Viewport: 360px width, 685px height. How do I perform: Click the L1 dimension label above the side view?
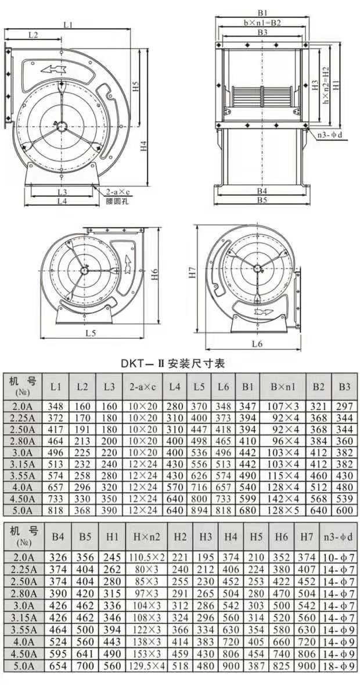pyautogui.click(x=67, y=25)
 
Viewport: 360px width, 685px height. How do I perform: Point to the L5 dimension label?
pyautogui.click(x=91, y=333)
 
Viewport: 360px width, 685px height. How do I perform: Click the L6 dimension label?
pyautogui.click(x=257, y=344)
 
